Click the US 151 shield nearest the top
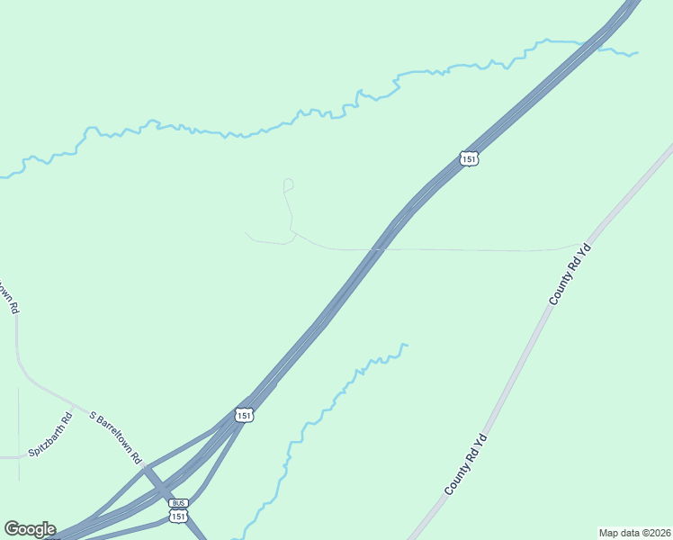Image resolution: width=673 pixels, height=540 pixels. (x=467, y=158)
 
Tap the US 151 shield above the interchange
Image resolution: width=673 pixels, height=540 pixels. (x=244, y=415)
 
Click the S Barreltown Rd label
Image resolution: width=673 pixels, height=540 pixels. (x=116, y=437)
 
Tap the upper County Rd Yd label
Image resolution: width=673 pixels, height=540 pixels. (x=570, y=273)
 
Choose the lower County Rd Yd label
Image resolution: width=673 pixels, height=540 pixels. (x=465, y=464)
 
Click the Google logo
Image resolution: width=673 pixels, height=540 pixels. (x=30, y=529)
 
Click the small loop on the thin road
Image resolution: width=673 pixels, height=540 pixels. (x=288, y=184)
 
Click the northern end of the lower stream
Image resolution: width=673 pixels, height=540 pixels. (x=407, y=345)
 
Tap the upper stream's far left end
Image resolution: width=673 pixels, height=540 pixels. (x=2, y=176)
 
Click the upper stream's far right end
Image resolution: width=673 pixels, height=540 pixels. (x=637, y=52)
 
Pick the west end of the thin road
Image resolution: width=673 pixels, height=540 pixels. (x=246, y=232)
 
